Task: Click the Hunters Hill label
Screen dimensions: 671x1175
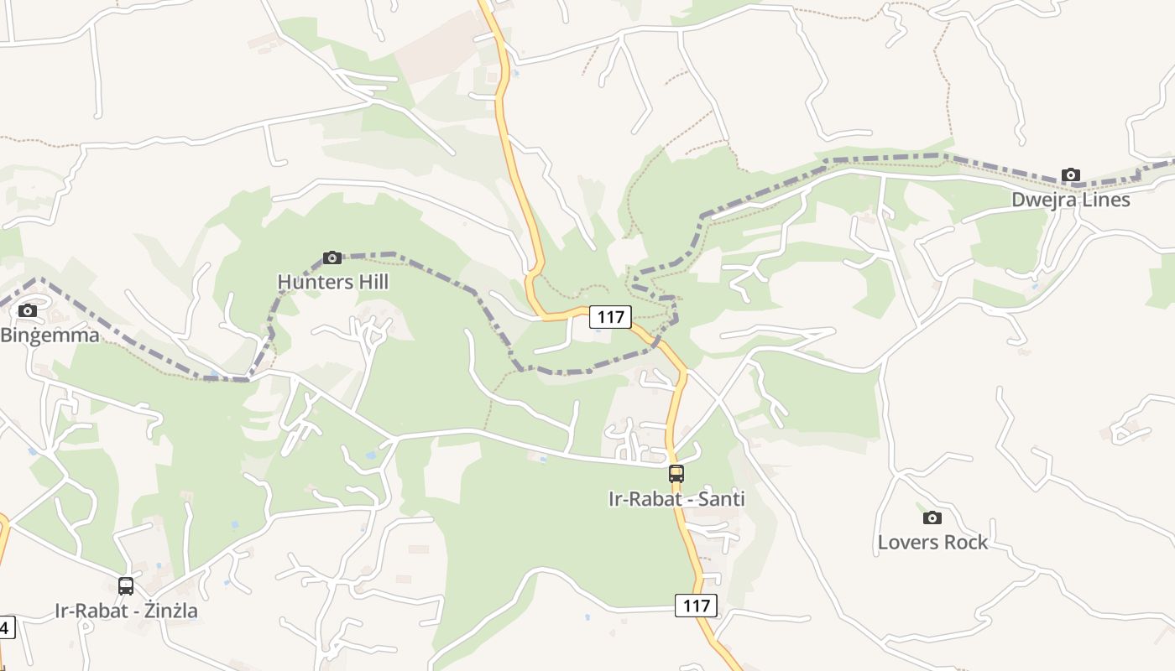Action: [x=333, y=283]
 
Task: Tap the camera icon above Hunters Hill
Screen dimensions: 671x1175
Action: [x=332, y=257]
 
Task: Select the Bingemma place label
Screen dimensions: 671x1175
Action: [x=50, y=335]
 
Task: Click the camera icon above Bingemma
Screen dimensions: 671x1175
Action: [x=28, y=311]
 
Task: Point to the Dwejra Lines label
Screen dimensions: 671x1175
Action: [x=1071, y=200]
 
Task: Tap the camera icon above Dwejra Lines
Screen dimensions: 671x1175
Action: [x=1071, y=175]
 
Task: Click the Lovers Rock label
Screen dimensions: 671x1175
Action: [x=932, y=543]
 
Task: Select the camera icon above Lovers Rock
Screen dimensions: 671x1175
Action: [x=932, y=518]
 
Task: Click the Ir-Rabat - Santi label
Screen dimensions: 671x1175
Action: [x=676, y=499]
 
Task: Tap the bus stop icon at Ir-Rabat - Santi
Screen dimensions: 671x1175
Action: [x=676, y=474]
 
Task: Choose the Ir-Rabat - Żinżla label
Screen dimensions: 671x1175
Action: [x=127, y=611]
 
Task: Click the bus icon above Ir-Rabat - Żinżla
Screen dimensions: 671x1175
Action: [x=126, y=586]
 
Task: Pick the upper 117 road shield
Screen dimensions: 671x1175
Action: [x=610, y=317]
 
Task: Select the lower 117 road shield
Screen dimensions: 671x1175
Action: [x=696, y=606]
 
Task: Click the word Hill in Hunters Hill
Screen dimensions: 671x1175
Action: [x=369, y=283]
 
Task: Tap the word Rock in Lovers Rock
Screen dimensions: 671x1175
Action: [x=967, y=543]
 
